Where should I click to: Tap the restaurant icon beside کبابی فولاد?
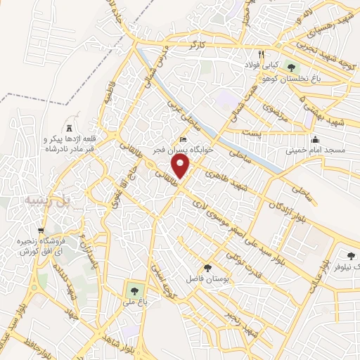pos(261,54)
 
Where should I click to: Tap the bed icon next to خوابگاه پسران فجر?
pos(184,138)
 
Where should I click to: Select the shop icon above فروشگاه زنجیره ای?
pos(40,230)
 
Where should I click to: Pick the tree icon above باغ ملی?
pos(131,288)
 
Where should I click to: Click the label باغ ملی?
pos(131,301)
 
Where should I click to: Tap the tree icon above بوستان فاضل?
pos(207,268)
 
